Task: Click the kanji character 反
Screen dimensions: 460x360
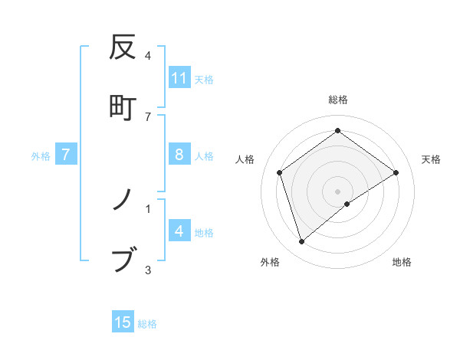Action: point(123,47)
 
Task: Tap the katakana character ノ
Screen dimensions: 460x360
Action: point(123,201)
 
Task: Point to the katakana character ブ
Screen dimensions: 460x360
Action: point(123,260)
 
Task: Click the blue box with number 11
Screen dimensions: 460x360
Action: point(179,78)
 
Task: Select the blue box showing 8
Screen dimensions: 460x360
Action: point(179,155)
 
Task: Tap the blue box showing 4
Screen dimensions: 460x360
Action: point(179,231)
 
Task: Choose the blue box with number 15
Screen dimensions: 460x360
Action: point(123,322)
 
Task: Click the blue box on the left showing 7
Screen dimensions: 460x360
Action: point(66,155)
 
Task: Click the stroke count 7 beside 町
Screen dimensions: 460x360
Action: point(148,116)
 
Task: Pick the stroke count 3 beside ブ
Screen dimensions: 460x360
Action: point(148,270)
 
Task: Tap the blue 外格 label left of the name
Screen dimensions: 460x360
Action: point(41,156)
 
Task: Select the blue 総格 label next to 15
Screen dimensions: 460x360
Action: point(147,324)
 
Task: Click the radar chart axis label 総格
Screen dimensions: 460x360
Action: point(338,100)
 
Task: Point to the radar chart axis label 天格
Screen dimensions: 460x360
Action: point(432,159)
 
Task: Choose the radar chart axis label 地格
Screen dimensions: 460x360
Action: point(402,262)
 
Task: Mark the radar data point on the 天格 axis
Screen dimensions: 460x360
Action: point(396,172)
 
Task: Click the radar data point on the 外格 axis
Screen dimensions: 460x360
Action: point(302,242)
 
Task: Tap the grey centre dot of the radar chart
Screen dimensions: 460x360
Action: point(338,191)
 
